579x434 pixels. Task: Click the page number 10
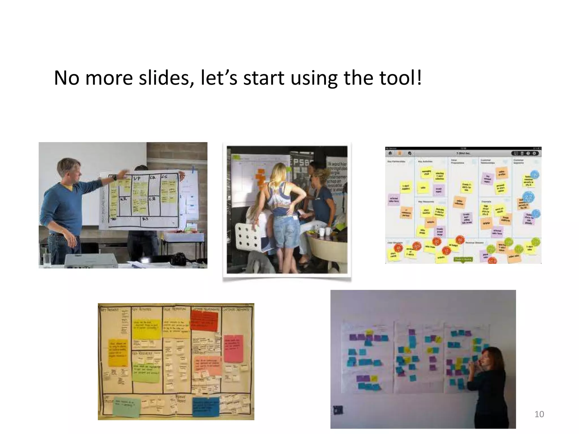(x=539, y=414)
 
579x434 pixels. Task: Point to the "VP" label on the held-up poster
(x=137, y=179)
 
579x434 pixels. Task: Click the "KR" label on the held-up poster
(x=124, y=199)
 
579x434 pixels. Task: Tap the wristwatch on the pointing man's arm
(x=114, y=178)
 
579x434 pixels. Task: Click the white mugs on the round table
(x=324, y=231)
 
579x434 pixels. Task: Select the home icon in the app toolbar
(x=390, y=153)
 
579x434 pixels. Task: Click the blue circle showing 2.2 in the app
(x=528, y=198)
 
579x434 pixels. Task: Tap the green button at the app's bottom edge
(x=463, y=259)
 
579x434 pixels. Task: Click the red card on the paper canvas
(x=204, y=320)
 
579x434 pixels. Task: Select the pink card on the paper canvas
(x=234, y=349)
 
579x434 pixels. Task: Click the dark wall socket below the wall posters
(x=338, y=410)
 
